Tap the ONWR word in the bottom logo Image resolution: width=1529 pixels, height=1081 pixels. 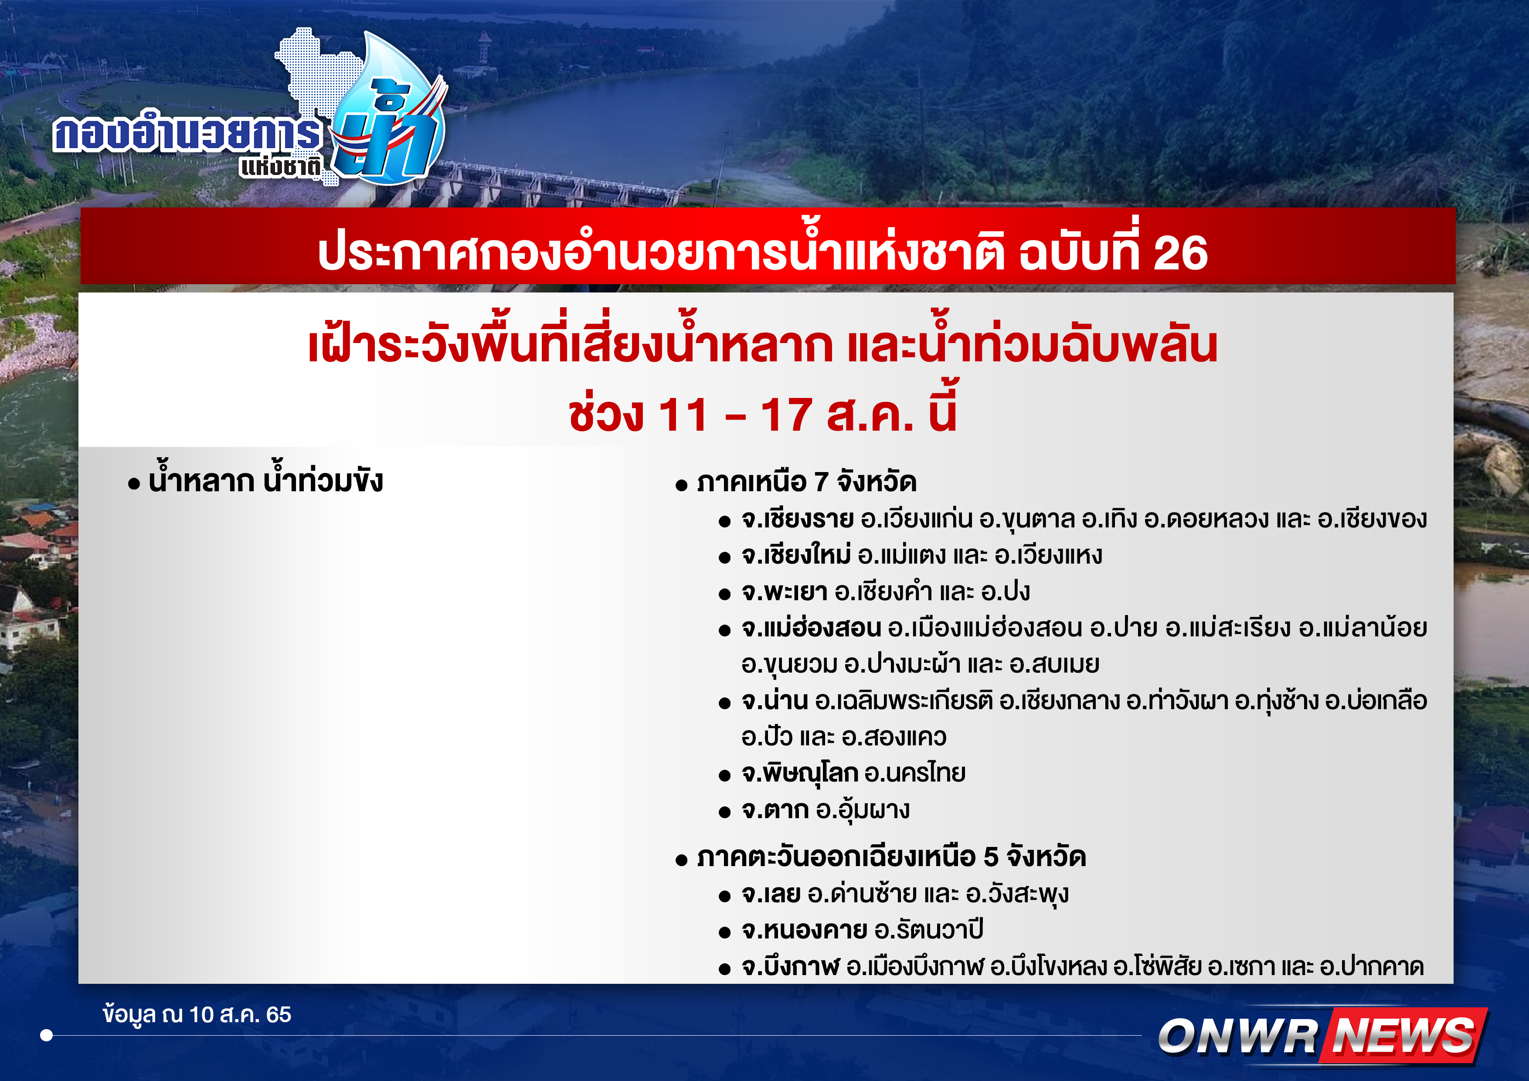pos(1238,1037)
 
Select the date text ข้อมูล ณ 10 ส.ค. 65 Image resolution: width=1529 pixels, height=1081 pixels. pos(197,1014)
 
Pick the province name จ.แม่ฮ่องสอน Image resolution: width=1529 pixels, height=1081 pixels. pos(811,627)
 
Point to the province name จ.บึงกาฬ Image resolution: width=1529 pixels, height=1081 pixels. pos(791,966)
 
